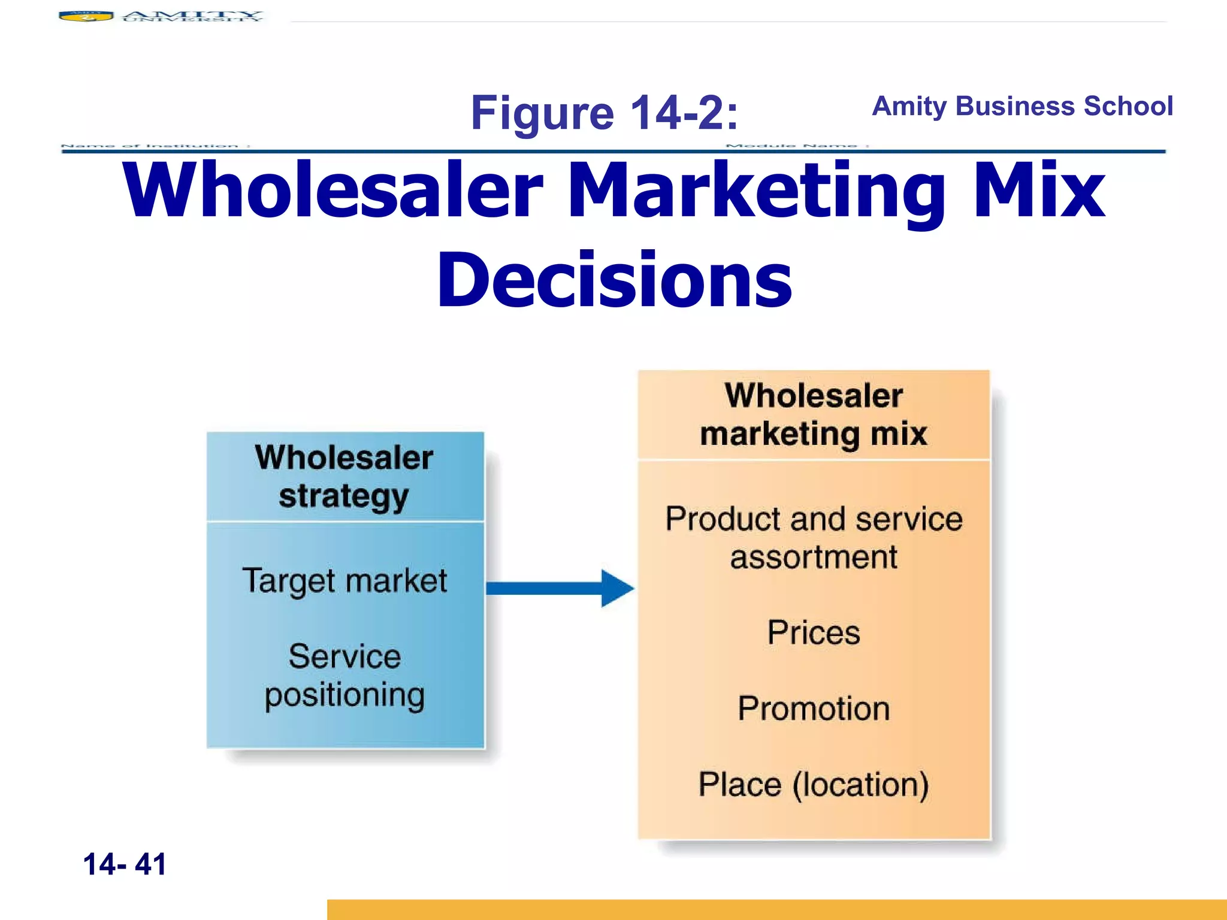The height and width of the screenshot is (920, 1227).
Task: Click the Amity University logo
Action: (x=161, y=16)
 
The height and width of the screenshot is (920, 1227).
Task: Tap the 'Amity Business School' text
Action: (x=1022, y=106)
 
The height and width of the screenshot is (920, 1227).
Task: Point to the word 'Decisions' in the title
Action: (x=615, y=280)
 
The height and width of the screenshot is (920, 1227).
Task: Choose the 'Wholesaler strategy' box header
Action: (x=344, y=477)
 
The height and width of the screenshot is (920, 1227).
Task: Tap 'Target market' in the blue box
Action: (x=344, y=581)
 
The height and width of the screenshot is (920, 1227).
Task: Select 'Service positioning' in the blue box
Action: (x=344, y=676)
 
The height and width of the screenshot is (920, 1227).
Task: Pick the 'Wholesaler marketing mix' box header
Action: (x=814, y=414)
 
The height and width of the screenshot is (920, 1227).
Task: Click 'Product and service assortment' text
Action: (x=814, y=538)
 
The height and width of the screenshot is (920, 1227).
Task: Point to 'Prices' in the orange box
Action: (x=814, y=632)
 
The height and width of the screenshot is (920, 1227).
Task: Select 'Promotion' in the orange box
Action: (x=814, y=709)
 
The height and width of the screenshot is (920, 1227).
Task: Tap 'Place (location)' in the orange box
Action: (x=814, y=785)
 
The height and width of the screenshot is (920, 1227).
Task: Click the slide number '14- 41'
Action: (x=125, y=864)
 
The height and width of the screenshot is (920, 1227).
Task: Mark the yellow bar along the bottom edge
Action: (x=776, y=909)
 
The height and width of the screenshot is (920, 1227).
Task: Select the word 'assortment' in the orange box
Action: (x=814, y=558)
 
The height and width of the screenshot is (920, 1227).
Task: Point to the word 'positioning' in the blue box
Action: (x=344, y=696)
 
